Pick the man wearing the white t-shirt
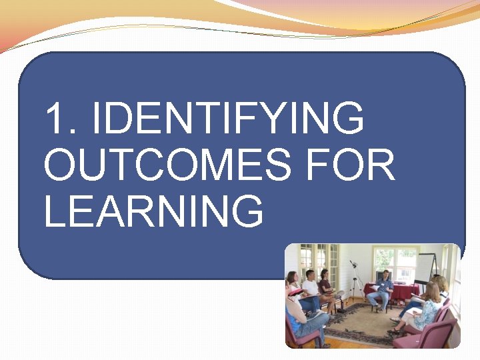point(310,290)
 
